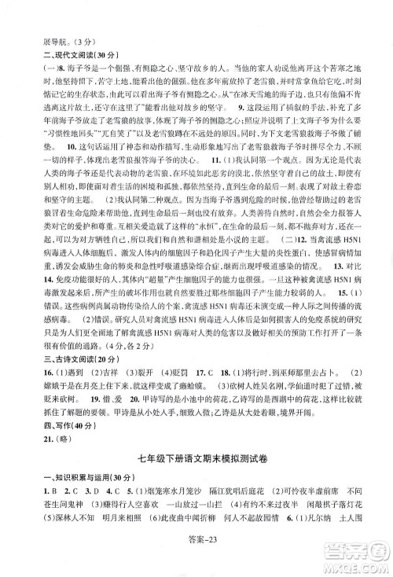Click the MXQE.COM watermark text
(347, 560)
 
